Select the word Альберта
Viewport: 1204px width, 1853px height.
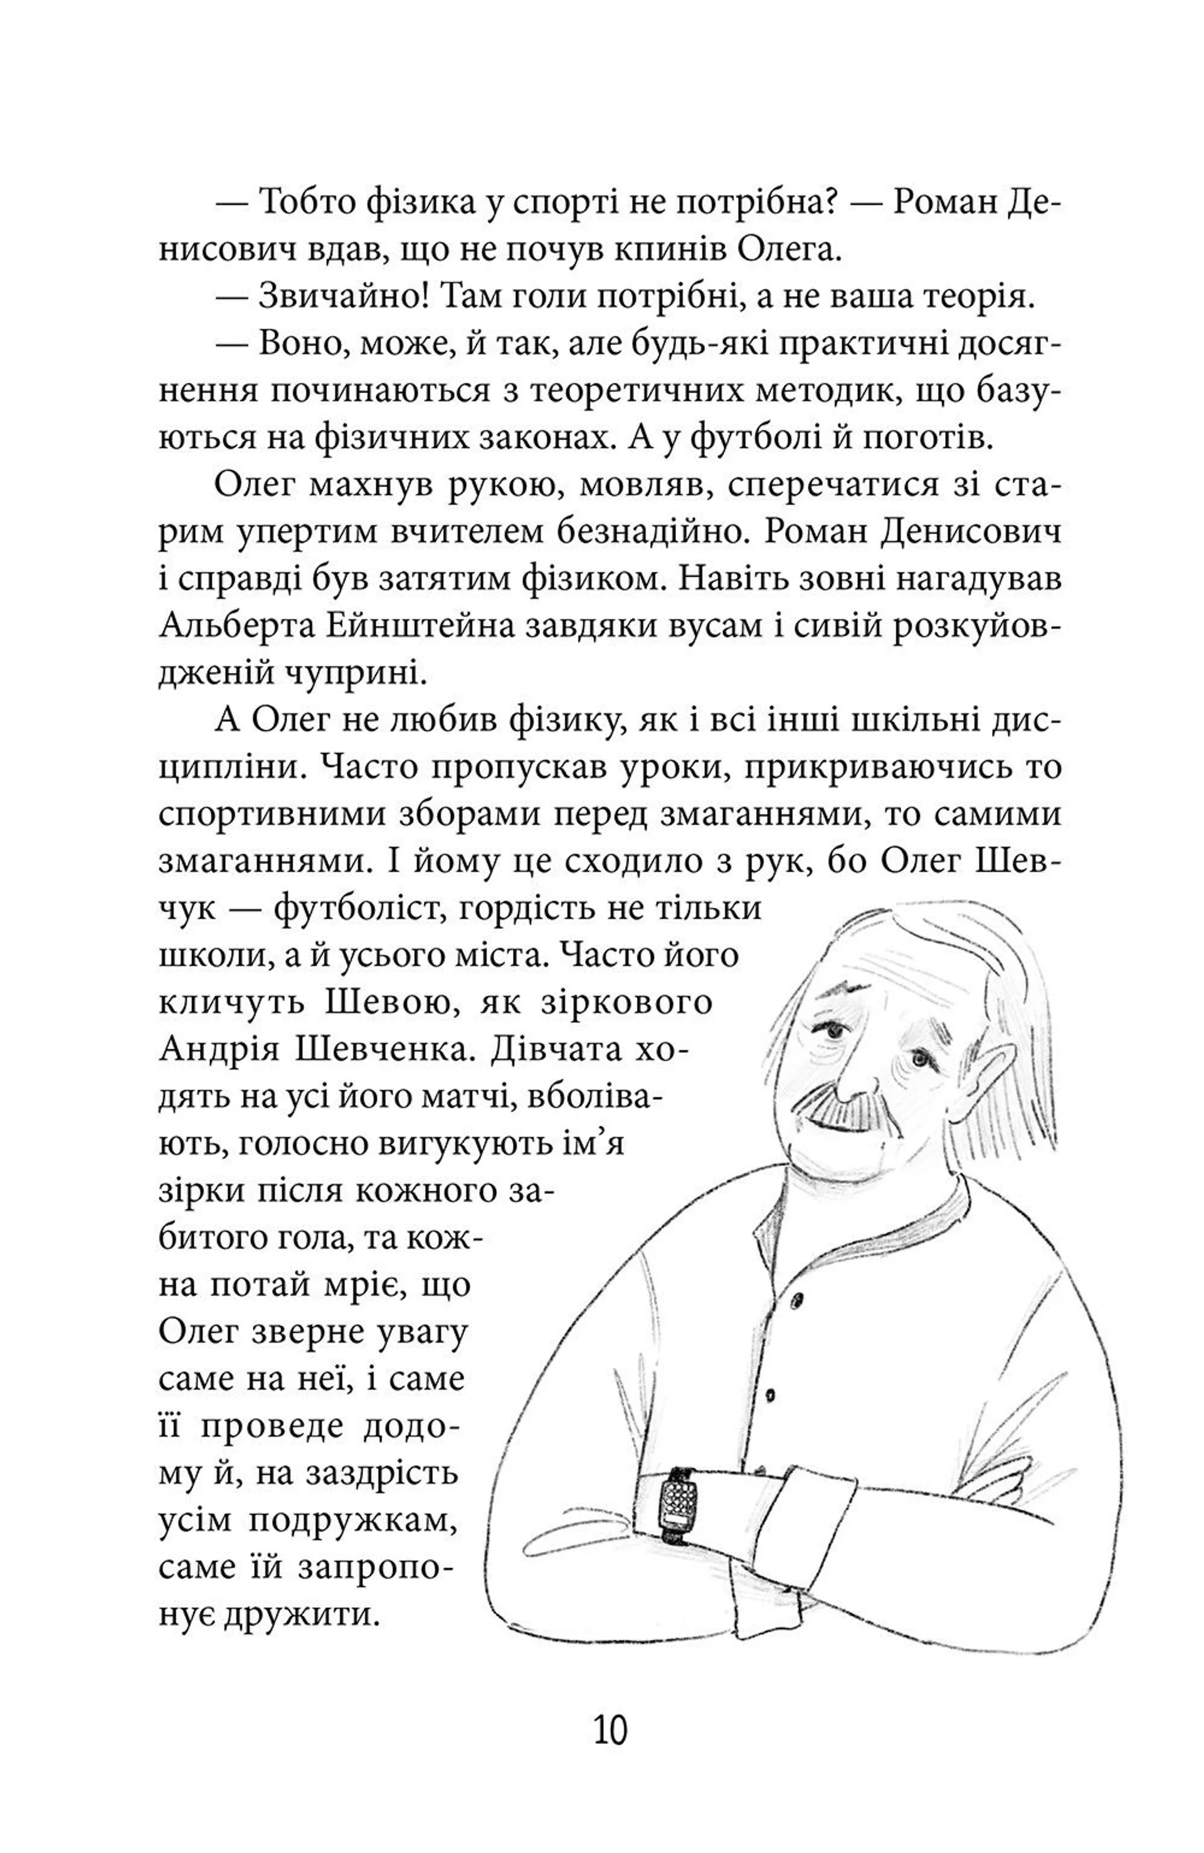pyautogui.click(x=219, y=626)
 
